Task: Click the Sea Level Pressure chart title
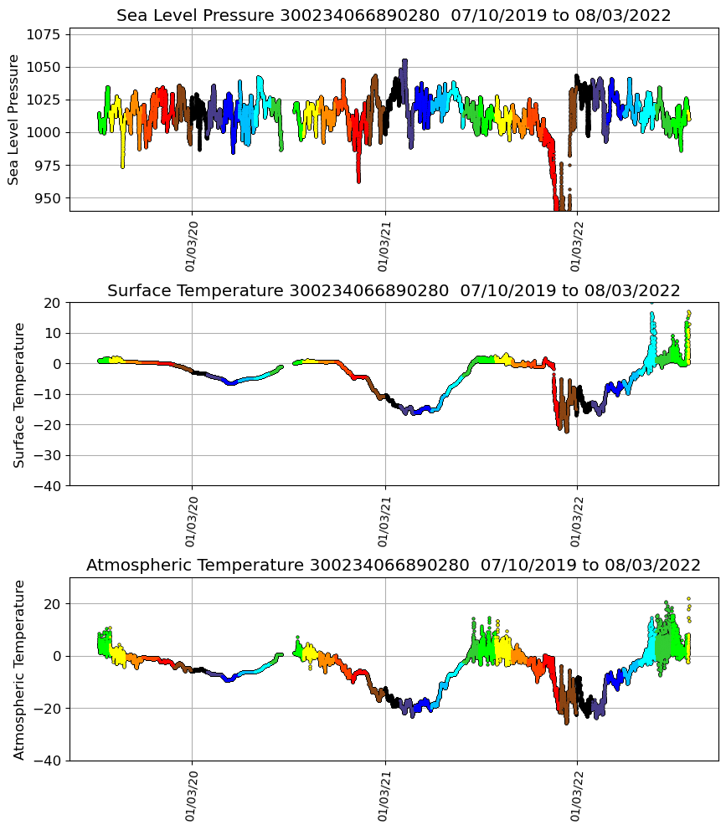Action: tap(394, 15)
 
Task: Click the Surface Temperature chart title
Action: tap(394, 290)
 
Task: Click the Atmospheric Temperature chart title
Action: tap(394, 566)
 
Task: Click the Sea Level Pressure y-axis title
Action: tap(13, 119)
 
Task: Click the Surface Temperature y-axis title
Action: tap(20, 394)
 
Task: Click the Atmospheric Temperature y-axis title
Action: tap(20, 669)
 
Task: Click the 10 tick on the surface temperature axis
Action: tap(52, 333)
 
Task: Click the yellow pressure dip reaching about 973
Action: tap(122, 166)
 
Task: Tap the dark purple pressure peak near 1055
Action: tap(404, 61)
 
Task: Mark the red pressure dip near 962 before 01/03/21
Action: tap(358, 180)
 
